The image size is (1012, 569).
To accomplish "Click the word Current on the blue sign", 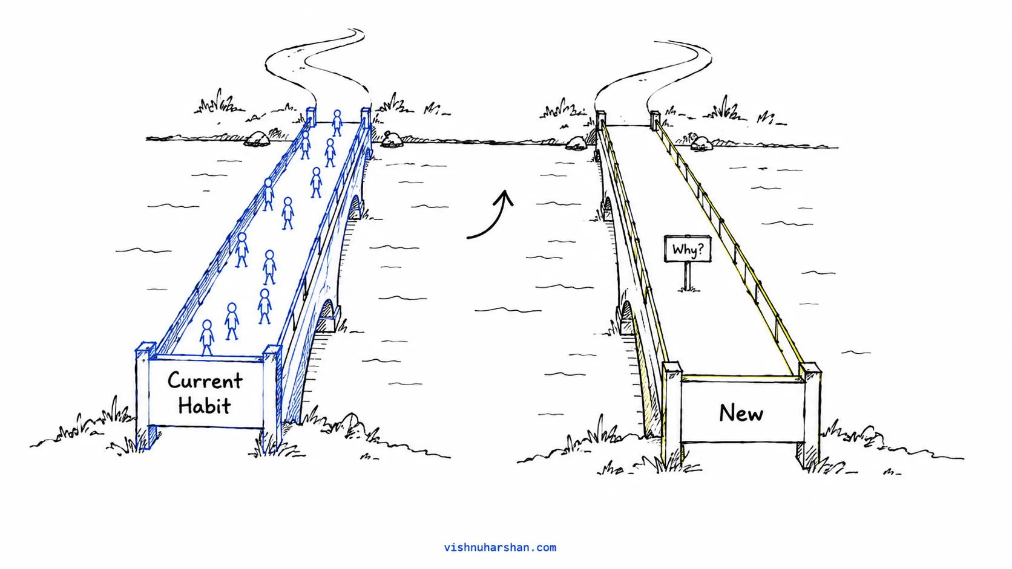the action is coord(205,381).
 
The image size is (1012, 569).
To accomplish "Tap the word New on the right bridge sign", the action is coord(741,413).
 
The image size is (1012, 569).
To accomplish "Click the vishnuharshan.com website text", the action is coord(500,547).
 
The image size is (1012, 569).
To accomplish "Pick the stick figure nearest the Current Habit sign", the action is coord(207,337).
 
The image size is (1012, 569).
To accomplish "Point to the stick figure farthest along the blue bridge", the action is coord(337,123).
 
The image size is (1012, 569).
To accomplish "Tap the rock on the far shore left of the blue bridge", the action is coord(257,139).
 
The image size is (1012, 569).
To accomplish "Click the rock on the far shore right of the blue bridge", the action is coord(391,140).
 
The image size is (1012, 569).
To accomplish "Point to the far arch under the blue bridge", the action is coord(355,207).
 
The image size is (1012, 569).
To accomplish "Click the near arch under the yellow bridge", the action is coord(626,317).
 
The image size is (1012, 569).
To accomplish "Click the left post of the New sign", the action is coord(671,414).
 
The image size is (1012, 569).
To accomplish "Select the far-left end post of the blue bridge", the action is coord(311,117).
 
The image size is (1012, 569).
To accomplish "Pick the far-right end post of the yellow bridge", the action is coord(655,120).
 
